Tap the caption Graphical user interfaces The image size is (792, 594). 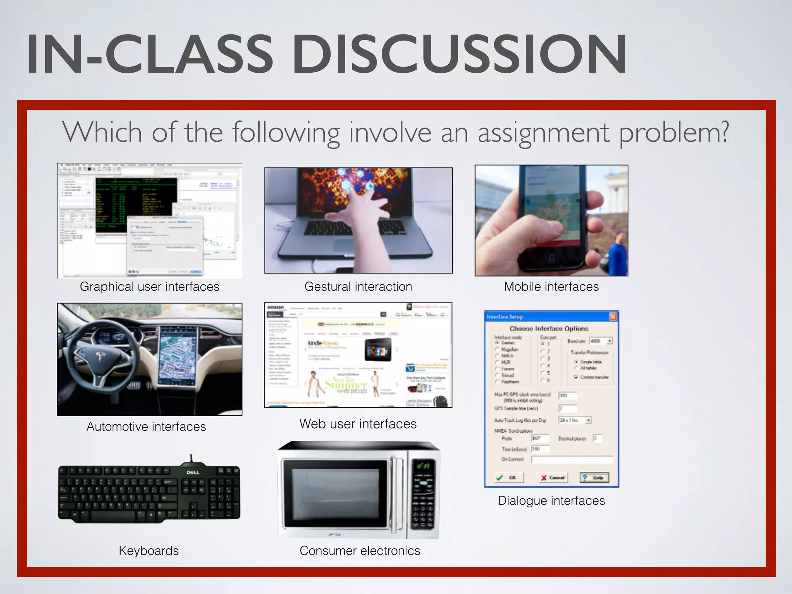click(149, 287)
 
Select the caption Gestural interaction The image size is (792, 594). click(358, 287)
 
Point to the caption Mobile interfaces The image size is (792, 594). click(551, 287)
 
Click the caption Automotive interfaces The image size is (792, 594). click(146, 427)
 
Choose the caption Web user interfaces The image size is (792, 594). click(358, 424)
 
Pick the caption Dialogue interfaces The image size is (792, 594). click(551, 500)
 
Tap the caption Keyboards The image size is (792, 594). click(148, 551)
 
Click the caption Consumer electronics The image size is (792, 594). click(360, 551)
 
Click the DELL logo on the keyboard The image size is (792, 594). click(193, 472)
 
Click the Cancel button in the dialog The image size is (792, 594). click(553, 478)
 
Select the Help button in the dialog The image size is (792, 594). click(594, 478)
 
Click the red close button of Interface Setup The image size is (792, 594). click(613, 317)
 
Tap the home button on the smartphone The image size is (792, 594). click(551, 258)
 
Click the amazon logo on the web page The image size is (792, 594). click(276, 307)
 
